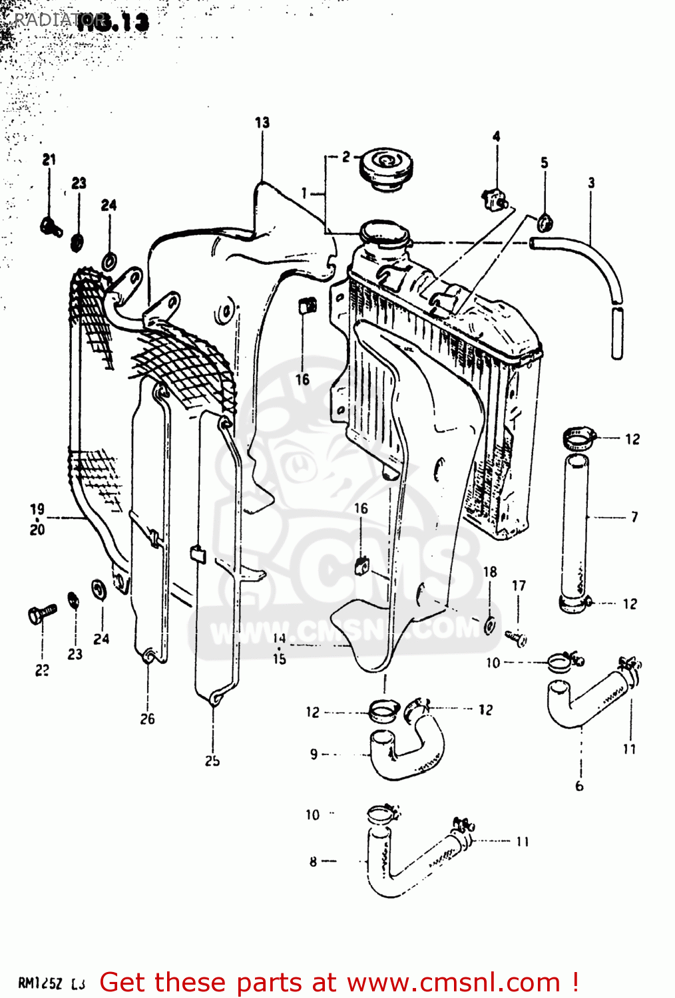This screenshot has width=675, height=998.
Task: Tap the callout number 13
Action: [x=262, y=122]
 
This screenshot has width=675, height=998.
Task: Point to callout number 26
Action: [x=147, y=719]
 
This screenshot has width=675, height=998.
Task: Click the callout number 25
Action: [x=212, y=760]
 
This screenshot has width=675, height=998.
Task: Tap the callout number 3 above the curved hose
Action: [x=591, y=182]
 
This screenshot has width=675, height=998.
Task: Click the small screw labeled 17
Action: [x=517, y=637]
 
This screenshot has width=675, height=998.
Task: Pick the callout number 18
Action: [x=490, y=572]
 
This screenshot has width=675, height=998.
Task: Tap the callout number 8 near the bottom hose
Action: [x=313, y=862]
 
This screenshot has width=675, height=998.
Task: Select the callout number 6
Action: [x=579, y=786]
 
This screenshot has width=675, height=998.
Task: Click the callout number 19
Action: [x=37, y=509]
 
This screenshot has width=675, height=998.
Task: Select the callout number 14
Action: [x=279, y=637]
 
